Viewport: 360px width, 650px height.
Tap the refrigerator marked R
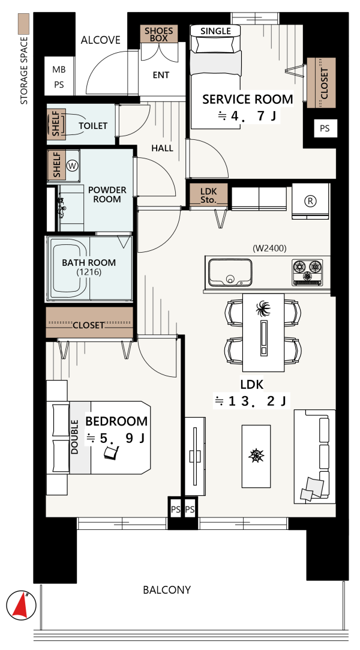310,201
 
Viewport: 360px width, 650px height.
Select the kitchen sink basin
230,272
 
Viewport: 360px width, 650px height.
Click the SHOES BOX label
158,34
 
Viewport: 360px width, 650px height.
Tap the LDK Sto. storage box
208,194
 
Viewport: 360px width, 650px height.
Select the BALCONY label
167,589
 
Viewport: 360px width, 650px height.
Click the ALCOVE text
101,40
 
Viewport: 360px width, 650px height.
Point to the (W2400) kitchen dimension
269,248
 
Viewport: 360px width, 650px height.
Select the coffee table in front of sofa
256,456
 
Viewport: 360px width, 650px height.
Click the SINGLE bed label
215,31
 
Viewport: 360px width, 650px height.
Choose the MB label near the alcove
59,70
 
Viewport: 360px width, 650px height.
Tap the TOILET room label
93,125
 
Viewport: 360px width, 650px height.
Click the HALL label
162,148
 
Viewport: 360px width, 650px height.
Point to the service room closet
321,83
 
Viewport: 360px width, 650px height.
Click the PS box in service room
325,128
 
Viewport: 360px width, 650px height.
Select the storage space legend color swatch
24,23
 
